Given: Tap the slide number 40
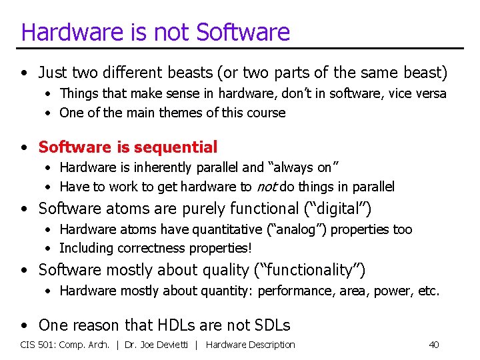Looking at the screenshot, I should [434, 345].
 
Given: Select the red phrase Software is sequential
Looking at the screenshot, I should [128, 147].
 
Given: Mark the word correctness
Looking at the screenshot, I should [151, 248].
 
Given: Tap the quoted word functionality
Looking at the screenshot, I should [310, 269].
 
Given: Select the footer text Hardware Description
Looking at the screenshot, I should [251, 345].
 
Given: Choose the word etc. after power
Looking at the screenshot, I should [427, 291].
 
